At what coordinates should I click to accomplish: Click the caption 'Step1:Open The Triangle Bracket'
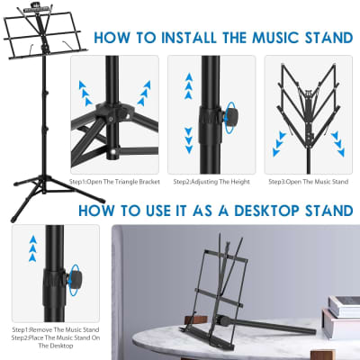pyautogui.click(x=128, y=182)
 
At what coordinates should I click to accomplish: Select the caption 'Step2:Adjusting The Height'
pyautogui.click(x=211, y=182)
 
